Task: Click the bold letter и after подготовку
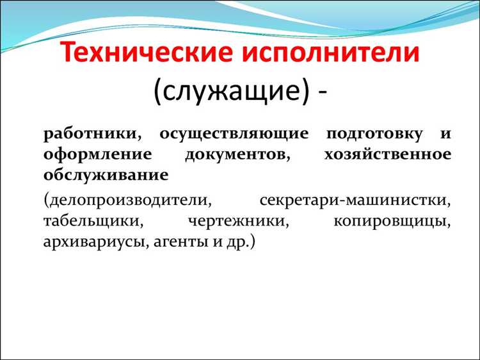444,135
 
